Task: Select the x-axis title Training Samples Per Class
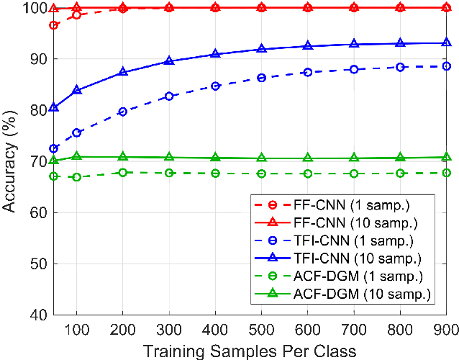pyautogui.click(x=250, y=349)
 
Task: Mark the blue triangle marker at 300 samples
pyautogui.click(x=169, y=61)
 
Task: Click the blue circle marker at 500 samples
pyautogui.click(x=261, y=78)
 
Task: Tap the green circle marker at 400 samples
pyautogui.click(x=215, y=174)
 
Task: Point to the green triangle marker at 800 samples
pyautogui.click(x=400, y=158)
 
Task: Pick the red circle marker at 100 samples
pyautogui.click(x=76, y=15)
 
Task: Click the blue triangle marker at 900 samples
pyautogui.click(x=446, y=43)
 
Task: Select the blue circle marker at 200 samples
pyautogui.click(x=123, y=112)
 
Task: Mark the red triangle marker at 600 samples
pyautogui.click(x=308, y=7)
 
